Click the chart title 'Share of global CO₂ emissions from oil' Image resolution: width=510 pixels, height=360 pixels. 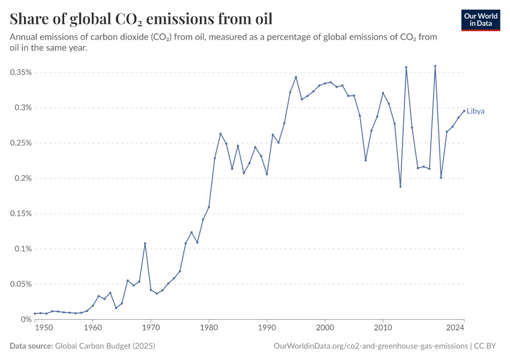point(142,19)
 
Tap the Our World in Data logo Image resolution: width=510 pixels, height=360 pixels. point(481,20)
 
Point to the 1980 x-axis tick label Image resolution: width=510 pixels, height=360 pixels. point(209,328)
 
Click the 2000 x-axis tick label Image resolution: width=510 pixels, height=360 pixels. point(325,328)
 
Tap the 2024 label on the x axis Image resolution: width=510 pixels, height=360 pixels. point(455,328)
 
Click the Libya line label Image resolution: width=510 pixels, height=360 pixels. point(476,111)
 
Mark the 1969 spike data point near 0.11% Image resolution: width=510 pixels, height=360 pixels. point(145,244)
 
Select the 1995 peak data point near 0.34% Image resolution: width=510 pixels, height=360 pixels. point(296,77)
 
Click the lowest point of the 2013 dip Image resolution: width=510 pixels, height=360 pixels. point(400,187)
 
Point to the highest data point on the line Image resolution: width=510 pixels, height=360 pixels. point(435,66)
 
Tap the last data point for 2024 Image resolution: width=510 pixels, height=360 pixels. point(464,110)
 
